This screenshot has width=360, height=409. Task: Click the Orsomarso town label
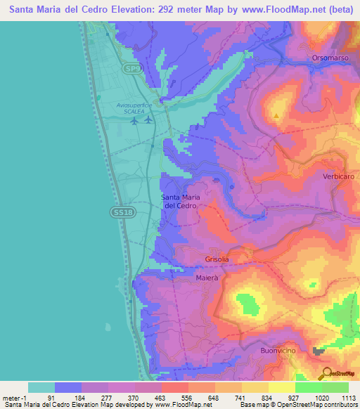tap(330, 58)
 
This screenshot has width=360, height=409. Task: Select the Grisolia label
tap(217, 259)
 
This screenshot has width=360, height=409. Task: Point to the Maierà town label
tap(208, 278)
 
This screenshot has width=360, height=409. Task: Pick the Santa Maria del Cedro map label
tap(181, 201)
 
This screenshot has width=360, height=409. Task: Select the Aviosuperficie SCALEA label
tap(134, 108)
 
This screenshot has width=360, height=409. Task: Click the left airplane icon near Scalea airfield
tap(134, 120)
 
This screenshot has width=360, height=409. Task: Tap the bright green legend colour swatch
tap(308, 387)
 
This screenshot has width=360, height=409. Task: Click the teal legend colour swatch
tap(41, 387)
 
